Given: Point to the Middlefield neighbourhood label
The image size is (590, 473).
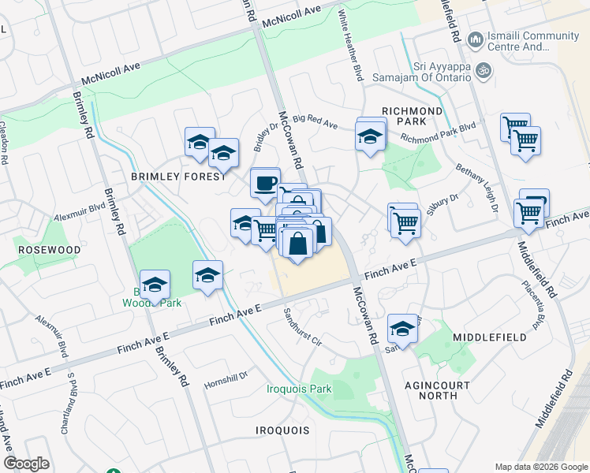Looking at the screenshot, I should pos(490,337).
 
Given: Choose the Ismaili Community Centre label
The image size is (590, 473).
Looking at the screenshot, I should pos(534,41).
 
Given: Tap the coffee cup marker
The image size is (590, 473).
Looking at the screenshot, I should pos(265,183).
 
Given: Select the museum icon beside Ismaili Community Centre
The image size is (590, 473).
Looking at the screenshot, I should pos(475,39).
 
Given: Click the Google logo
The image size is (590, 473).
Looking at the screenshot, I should pos(26,464).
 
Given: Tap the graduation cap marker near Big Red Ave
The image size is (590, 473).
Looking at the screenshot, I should pos(370,136).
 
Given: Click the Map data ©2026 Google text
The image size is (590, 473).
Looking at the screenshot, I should pos(541,466).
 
